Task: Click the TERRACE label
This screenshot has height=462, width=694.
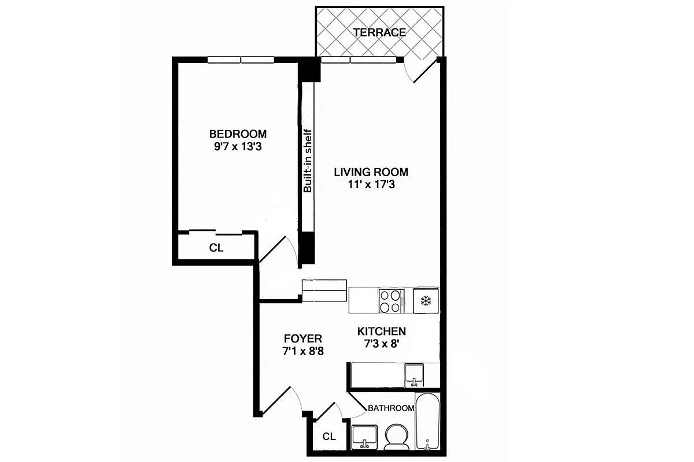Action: click(x=379, y=32)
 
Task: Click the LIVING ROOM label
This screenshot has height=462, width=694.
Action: click(x=371, y=172)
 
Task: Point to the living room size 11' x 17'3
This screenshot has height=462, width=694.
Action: click(x=371, y=185)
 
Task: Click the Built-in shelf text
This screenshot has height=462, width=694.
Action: click(x=308, y=160)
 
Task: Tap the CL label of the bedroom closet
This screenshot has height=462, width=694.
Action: click(x=216, y=248)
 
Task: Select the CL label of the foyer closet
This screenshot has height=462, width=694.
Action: click(x=328, y=437)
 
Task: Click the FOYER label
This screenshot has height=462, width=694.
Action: click(x=302, y=338)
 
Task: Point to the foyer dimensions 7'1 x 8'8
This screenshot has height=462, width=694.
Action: click(x=302, y=351)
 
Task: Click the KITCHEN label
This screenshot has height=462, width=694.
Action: click(x=381, y=331)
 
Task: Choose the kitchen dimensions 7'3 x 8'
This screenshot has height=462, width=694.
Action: click(x=381, y=344)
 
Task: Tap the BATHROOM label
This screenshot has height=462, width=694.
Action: click(x=391, y=408)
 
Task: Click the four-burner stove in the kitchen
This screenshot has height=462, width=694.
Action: click(x=392, y=300)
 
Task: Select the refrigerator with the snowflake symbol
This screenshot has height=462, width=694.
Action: click(x=426, y=300)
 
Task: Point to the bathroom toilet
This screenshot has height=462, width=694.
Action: click(x=396, y=437)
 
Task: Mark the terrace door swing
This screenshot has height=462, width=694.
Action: click(x=418, y=69)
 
